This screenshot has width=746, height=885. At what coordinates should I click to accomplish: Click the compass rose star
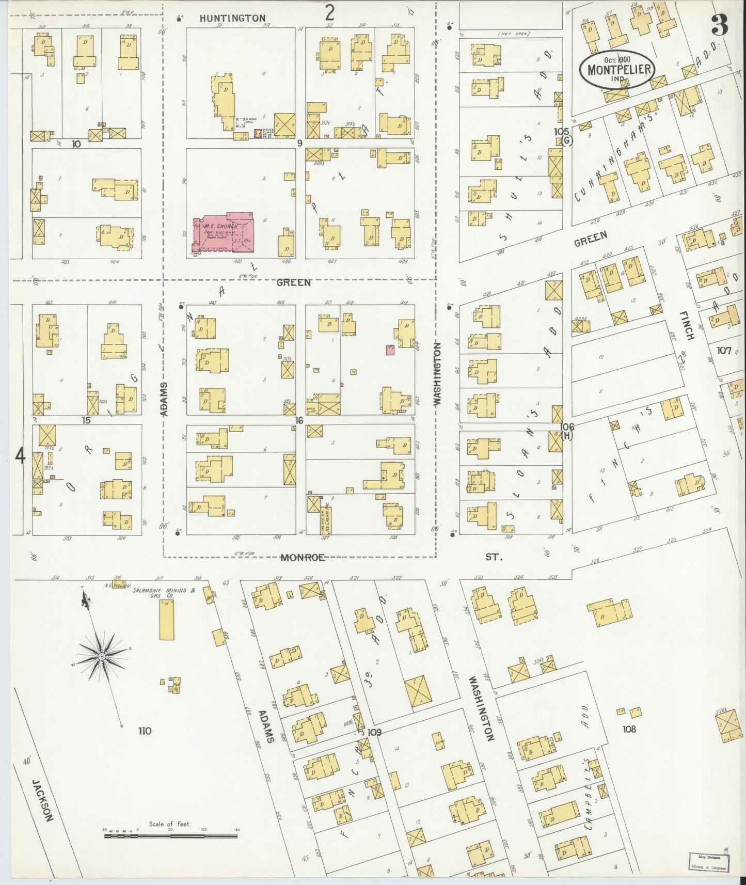coord(102,656)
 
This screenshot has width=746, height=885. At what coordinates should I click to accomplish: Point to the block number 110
coord(145,731)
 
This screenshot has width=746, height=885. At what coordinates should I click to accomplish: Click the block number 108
coord(629,730)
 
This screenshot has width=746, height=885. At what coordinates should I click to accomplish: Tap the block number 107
coord(724,351)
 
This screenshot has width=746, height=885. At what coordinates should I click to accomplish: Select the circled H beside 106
coord(567,436)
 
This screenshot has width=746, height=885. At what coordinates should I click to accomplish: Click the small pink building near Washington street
coord(390,350)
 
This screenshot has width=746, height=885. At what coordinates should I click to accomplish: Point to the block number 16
coord(298,420)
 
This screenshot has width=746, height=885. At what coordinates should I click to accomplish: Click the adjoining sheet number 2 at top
coord(329,12)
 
